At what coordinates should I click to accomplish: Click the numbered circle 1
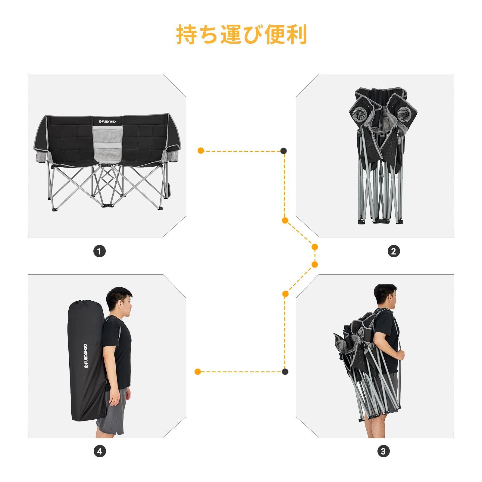99,251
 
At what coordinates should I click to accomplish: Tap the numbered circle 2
394,251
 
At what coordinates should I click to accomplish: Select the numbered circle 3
383,451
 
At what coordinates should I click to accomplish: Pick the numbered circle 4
99,451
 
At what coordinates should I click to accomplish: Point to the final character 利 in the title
296,35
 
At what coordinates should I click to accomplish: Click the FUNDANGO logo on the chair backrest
108,121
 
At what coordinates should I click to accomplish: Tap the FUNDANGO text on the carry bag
86,356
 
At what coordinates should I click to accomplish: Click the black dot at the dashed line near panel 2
283,151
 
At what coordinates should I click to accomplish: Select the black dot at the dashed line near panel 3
285,371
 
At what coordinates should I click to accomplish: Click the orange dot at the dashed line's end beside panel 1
201,151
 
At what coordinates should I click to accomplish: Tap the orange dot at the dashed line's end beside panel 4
198,371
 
